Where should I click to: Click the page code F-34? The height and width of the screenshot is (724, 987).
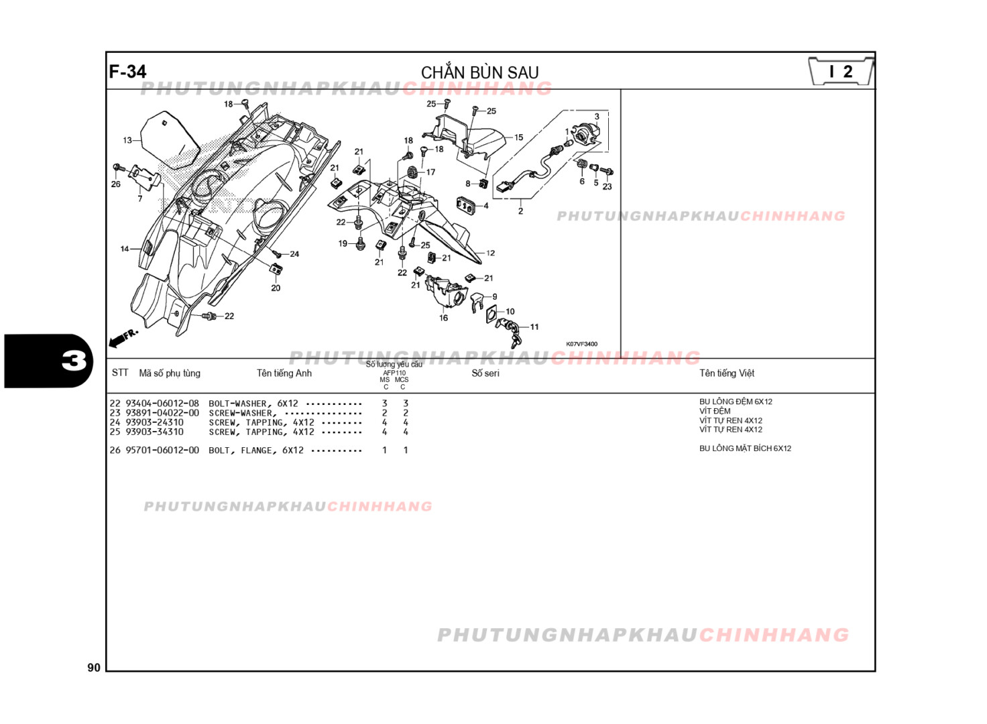127,72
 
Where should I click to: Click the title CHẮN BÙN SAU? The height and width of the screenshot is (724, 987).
479,72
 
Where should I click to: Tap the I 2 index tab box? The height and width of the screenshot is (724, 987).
841,72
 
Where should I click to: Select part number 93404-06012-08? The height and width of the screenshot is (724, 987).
162,404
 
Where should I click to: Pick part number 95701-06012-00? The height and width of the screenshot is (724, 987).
162,450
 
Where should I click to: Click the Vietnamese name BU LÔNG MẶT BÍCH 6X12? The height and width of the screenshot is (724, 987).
745,448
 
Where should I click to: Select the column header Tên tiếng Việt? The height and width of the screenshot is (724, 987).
726,373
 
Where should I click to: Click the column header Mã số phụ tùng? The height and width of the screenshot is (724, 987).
170,373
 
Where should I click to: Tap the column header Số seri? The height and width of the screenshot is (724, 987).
485,373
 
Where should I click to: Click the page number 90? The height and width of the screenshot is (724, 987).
94,667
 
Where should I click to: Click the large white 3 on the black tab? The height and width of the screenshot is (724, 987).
74,361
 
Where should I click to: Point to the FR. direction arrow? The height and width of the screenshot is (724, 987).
123,337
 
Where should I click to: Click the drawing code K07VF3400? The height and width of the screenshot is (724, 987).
581,344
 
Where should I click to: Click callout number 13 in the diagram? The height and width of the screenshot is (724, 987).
127,140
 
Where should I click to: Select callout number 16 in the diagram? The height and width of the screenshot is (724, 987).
443,318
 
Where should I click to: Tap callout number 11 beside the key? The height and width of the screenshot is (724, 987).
534,327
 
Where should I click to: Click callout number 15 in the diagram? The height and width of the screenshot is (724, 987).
518,137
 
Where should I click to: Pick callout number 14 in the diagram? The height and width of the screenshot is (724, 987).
125,249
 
